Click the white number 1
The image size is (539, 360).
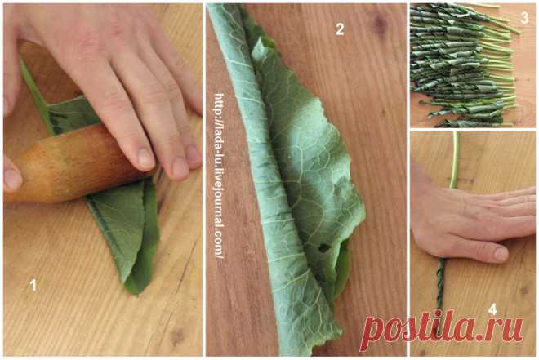point(33,285)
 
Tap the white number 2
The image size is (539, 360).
point(340,29)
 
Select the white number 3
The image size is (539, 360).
point(524,17)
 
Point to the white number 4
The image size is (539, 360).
point(492,309)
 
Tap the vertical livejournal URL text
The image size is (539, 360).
point(220,176)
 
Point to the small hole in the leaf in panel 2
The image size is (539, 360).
point(323,247)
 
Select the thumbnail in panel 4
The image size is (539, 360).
point(501,254)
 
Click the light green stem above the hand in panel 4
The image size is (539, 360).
point(454,159)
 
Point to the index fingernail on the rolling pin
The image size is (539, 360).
point(145,158)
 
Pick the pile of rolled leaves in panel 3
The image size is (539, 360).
point(462,65)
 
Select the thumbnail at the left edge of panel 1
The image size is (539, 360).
point(12,179)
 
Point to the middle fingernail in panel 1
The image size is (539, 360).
point(180,168)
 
